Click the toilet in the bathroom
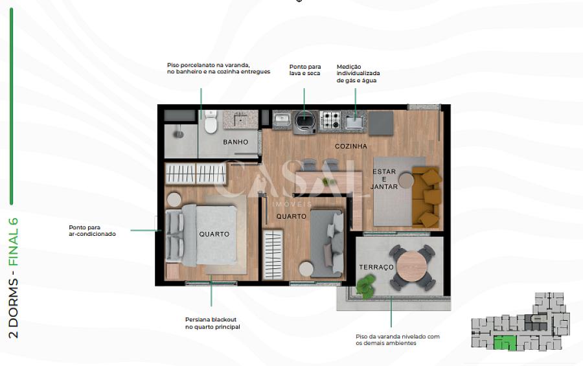(x=211, y=122)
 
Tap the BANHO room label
(x=235, y=142)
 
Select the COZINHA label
(x=350, y=146)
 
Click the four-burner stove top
(x=330, y=120)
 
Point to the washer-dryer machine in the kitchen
(x=305, y=122)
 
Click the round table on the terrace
(x=411, y=266)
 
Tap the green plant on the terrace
(x=366, y=286)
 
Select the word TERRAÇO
(x=376, y=267)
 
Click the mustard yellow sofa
(x=427, y=197)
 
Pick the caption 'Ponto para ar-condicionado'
(x=92, y=231)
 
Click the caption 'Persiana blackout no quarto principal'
(x=212, y=323)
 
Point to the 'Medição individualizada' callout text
(x=358, y=73)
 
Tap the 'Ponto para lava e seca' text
(x=305, y=70)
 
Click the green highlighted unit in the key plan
(x=505, y=343)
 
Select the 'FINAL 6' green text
(x=14, y=242)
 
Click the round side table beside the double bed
(x=174, y=200)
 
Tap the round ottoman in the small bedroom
(x=306, y=269)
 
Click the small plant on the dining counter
(x=328, y=182)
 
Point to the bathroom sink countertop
(x=240, y=119)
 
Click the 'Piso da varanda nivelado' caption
(x=398, y=339)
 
